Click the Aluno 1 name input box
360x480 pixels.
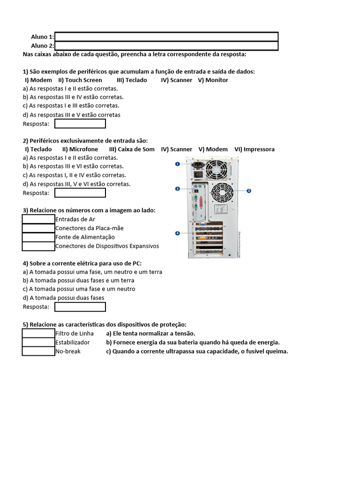pos(166,37)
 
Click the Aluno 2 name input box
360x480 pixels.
pos(166,45)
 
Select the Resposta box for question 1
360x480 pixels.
pos(80,124)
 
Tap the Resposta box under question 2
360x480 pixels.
pos(80,193)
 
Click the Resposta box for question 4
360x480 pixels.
pos(80,307)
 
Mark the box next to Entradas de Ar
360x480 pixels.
pos(38,219)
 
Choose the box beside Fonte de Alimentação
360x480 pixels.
pos(38,237)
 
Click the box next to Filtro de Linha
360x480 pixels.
pos(38,333)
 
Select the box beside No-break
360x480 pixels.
pos(38,351)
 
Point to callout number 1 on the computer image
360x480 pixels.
pos(178,164)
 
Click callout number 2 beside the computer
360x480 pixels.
pos(249,191)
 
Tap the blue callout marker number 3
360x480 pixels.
pos(178,189)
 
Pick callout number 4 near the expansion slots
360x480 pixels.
pos(178,233)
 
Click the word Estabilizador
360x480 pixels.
pos(72,342)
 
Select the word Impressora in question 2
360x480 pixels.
pos(259,149)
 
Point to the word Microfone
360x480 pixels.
pos(83,149)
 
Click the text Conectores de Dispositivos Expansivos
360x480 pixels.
pos(107,246)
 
